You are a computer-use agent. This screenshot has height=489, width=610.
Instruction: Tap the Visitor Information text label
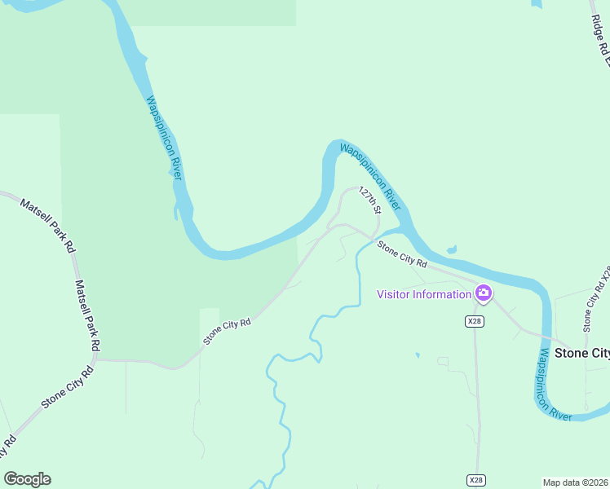(424, 294)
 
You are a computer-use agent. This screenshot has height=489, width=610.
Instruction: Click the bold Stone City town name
(581, 354)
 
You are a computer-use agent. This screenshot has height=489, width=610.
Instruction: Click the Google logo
(27, 479)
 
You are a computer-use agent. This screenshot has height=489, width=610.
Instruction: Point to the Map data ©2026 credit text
(575, 482)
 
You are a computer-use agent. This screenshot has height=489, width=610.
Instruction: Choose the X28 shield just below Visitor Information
(475, 321)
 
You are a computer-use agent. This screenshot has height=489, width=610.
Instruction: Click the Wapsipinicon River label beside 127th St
(370, 174)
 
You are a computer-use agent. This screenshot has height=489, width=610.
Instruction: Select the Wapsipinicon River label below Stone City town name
(555, 383)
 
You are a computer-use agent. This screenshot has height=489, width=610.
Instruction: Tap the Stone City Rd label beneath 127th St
(402, 254)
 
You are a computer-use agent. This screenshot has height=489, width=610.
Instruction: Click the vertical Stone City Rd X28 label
(596, 297)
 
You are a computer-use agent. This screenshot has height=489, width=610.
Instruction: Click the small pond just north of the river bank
(451, 249)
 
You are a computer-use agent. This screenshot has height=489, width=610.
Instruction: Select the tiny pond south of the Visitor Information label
(417, 355)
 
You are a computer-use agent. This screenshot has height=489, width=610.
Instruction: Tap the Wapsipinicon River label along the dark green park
(163, 139)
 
